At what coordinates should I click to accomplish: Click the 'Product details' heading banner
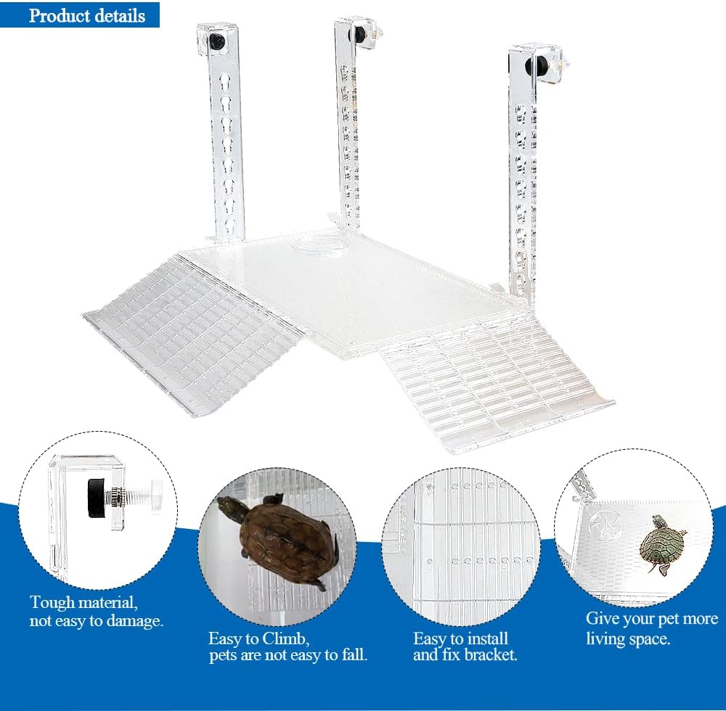(x=80, y=15)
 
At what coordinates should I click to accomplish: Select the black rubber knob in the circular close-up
(x=97, y=493)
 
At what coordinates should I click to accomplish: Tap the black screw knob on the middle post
(x=357, y=33)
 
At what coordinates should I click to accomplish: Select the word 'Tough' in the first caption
(x=52, y=603)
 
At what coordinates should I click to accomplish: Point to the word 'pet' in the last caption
(x=671, y=620)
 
